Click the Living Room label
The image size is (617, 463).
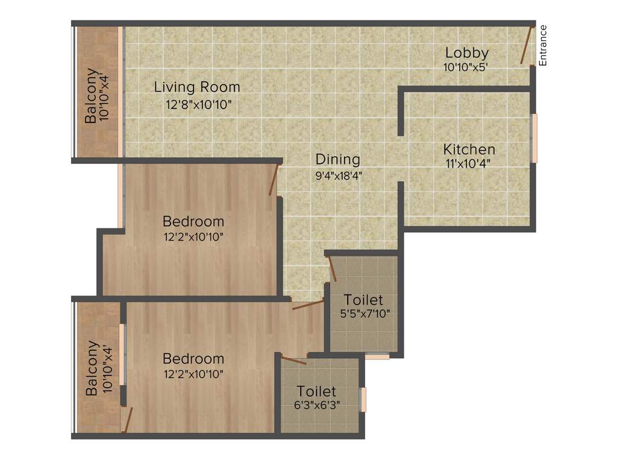(x=197, y=87)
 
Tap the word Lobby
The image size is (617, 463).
(x=466, y=53)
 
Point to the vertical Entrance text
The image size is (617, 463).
(x=543, y=45)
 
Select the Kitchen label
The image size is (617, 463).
(x=469, y=149)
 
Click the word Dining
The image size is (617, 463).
(x=338, y=160)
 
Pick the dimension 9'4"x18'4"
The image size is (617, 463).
(x=338, y=176)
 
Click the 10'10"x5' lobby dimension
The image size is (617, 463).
(x=465, y=68)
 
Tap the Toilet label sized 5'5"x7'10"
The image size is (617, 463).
(x=363, y=300)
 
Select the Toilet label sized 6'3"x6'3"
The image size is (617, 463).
(x=316, y=392)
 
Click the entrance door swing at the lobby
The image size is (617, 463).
(x=527, y=45)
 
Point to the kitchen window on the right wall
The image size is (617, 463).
(x=533, y=137)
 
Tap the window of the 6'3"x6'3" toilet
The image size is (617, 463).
(x=363, y=399)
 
